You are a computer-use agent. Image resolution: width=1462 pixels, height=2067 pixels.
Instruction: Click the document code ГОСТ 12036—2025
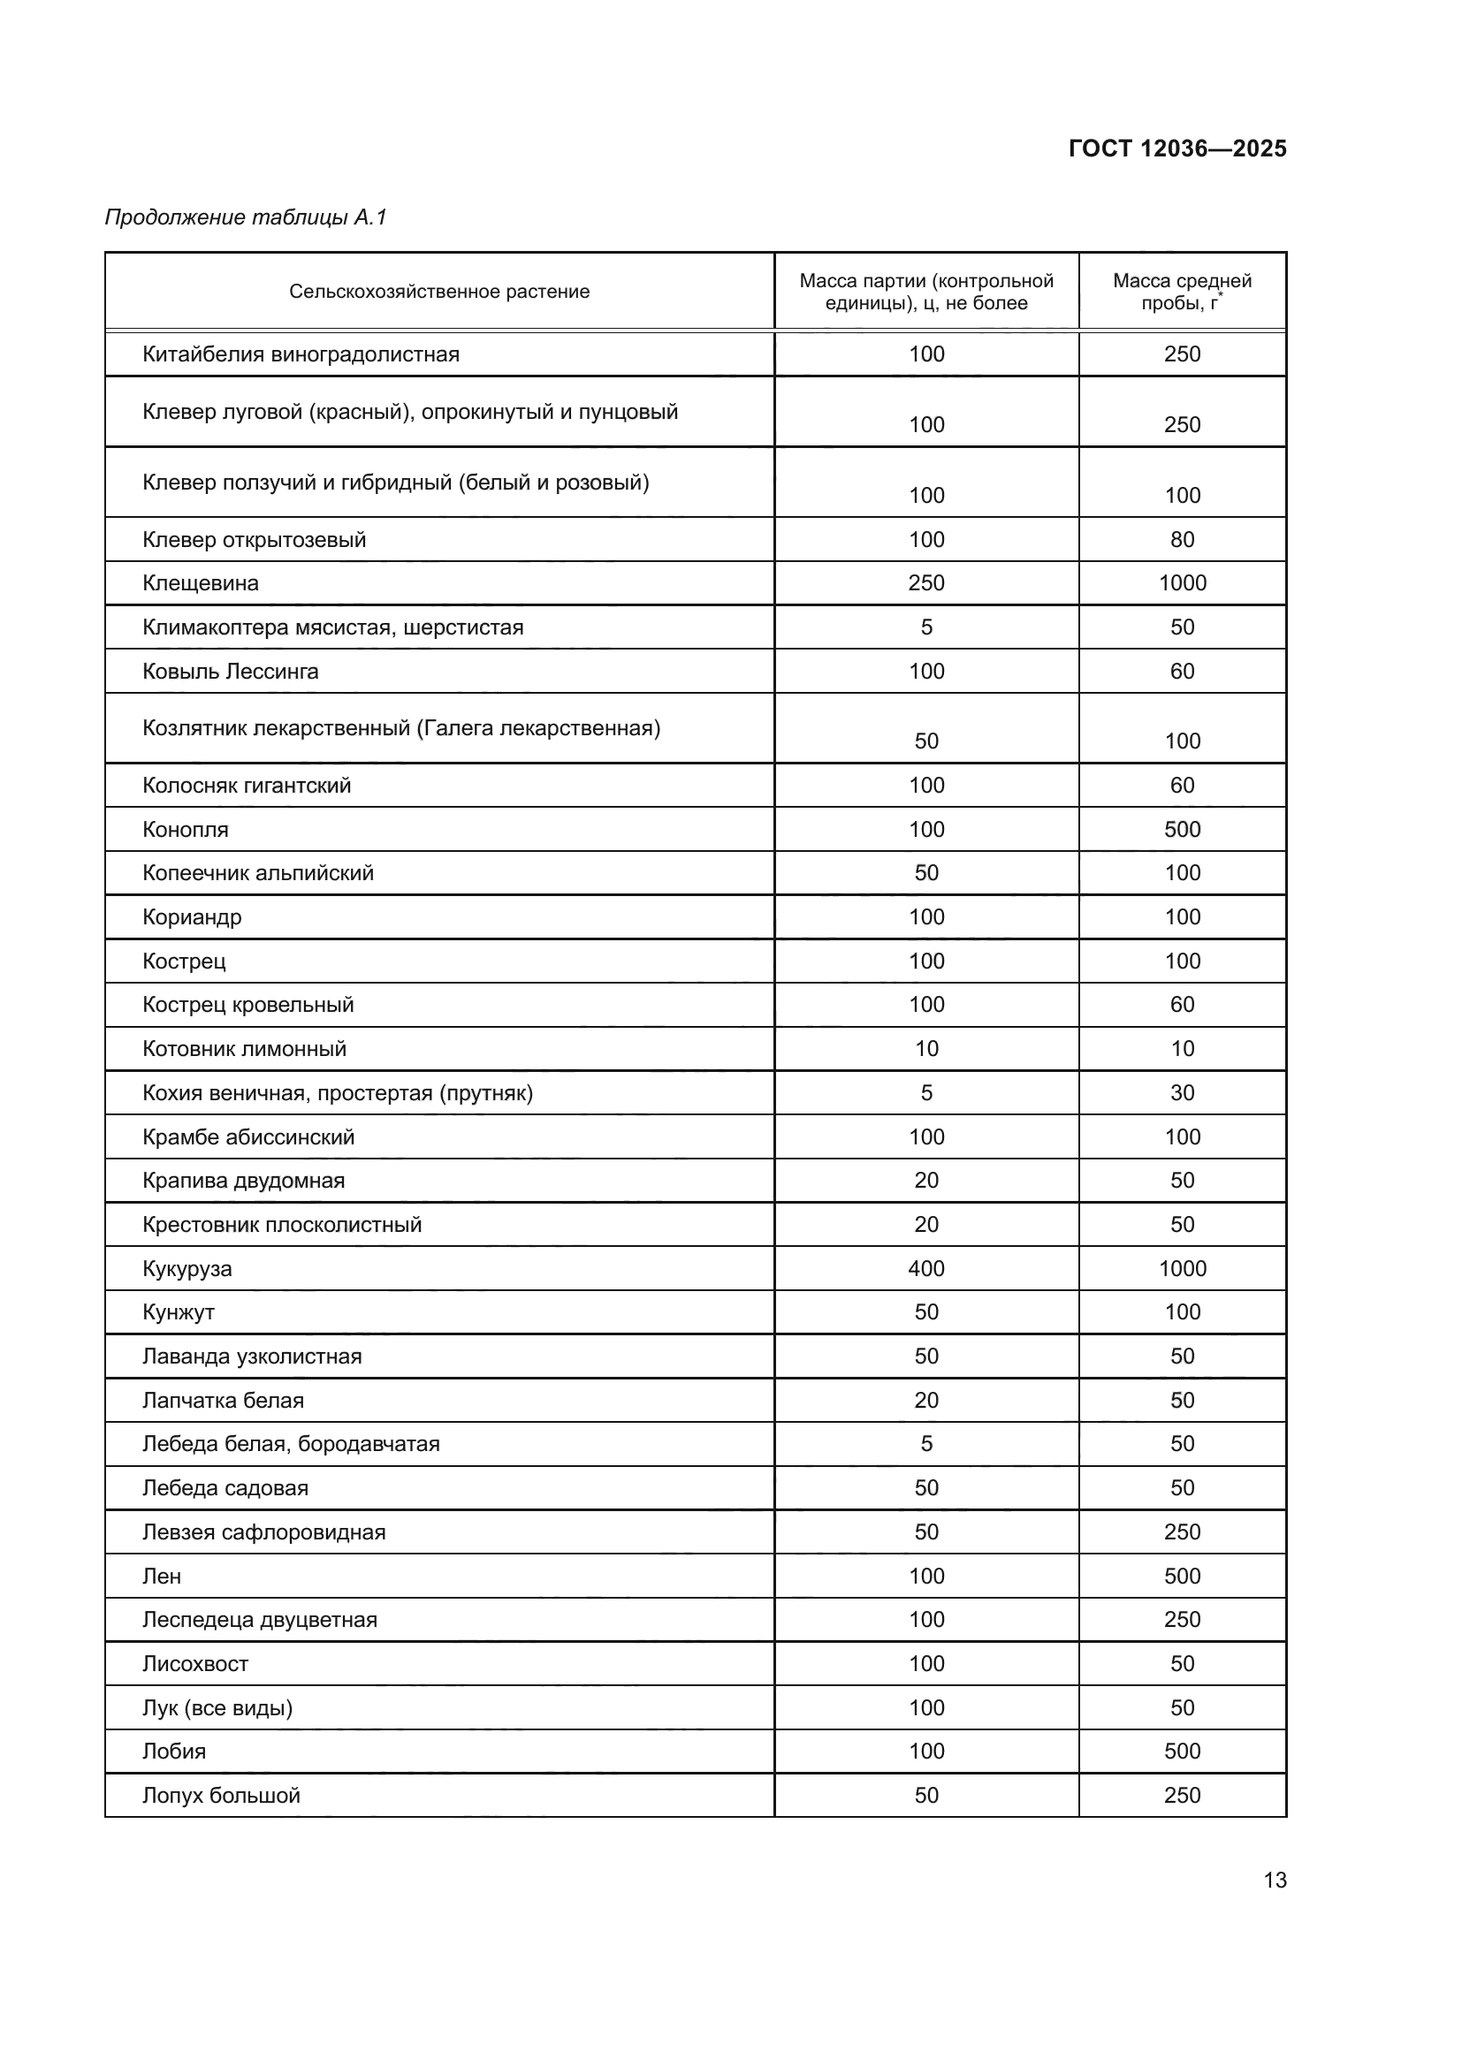pos(1176,148)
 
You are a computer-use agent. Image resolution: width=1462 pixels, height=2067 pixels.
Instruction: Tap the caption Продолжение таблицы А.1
pos(245,217)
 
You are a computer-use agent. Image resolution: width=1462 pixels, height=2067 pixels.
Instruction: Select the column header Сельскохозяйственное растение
pos(438,292)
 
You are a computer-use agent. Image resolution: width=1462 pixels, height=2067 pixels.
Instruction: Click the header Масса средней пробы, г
pos(1181,292)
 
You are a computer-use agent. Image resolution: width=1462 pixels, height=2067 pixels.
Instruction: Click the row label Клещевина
pos(200,583)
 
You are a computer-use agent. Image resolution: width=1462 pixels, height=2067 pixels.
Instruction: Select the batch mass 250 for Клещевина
pos(925,583)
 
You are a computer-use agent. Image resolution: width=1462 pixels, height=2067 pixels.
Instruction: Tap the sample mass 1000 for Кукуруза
pos(1181,1268)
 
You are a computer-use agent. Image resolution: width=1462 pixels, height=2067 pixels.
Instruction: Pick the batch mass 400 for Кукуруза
pos(925,1268)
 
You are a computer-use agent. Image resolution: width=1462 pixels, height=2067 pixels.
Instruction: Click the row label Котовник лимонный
pos(244,1049)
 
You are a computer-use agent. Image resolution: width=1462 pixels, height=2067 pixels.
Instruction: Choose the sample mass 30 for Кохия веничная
pos(1181,1093)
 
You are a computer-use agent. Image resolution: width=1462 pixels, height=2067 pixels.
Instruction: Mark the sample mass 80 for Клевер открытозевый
pos(1181,540)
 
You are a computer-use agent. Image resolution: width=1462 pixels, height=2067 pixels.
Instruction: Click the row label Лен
pos(162,1577)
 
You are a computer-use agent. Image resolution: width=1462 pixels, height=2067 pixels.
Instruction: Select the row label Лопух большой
pos(221,1796)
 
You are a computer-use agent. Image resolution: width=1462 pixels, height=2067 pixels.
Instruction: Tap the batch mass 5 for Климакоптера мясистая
pos(925,627)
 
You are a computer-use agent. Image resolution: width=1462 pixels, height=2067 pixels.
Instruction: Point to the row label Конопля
pos(185,830)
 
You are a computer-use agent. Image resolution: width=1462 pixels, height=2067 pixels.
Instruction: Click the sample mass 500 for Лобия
pos(1181,1752)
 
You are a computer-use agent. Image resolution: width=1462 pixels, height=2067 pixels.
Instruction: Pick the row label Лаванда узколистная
pos(251,1356)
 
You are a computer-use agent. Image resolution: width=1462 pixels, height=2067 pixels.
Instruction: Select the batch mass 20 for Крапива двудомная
pos(925,1181)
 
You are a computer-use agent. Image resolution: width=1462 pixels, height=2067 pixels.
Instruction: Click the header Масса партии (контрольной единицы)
pos(925,292)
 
